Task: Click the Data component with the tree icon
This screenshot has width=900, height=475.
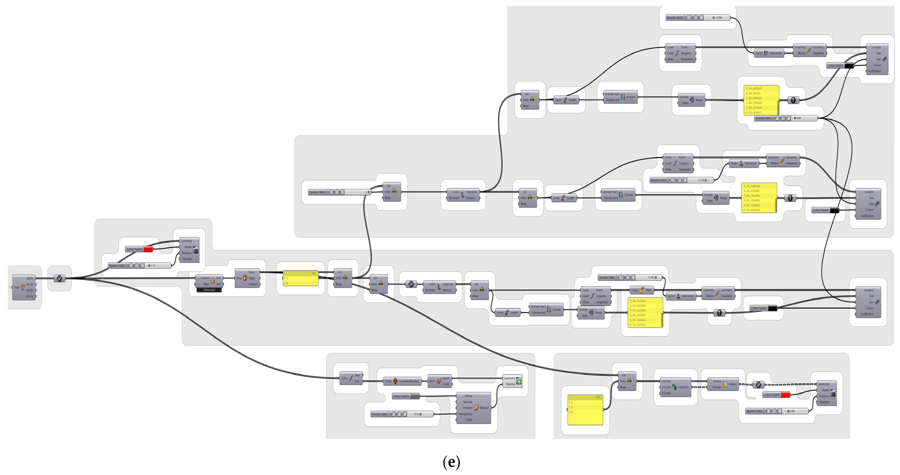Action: (23, 287)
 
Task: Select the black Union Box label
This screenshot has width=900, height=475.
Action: (209, 290)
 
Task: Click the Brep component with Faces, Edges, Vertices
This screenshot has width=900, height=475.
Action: (247, 278)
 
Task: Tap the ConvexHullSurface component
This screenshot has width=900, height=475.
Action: (406, 381)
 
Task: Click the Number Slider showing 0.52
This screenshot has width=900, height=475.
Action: (402, 414)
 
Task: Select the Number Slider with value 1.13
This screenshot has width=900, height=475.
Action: (140, 265)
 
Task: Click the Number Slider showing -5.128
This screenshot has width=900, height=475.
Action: (681, 180)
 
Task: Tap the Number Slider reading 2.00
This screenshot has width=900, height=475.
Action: (776, 411)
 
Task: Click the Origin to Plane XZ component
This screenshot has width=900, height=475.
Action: (641, 290)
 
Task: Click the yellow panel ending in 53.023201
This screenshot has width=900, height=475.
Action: (645, 312)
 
